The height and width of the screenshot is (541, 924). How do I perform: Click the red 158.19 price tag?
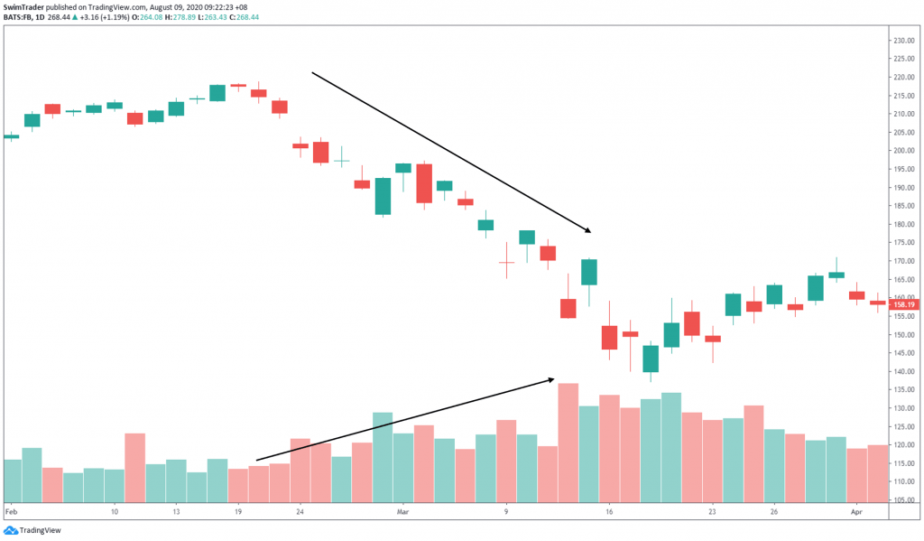tap(904, 305)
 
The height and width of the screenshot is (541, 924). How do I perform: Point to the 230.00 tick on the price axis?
tap(904, 41)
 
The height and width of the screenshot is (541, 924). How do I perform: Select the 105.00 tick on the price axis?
tap(904, 499)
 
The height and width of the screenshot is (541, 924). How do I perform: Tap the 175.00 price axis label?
tap(904, 242)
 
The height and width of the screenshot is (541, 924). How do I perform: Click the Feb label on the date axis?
tap(10, 510)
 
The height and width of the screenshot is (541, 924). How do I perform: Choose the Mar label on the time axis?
tap(403, 510)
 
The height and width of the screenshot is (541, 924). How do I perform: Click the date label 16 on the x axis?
tap(609, 510)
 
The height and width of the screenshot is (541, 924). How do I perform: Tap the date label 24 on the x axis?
tap(300, 510)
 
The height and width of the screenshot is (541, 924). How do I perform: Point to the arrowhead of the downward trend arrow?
tap(587, 231)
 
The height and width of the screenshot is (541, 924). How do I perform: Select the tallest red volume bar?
tap(568, 443)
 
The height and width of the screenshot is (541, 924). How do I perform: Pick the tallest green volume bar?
tap(670, 447)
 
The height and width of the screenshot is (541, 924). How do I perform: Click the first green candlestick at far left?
tap(11, 136)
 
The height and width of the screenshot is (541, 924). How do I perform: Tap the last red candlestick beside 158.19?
tap(878, 303)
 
